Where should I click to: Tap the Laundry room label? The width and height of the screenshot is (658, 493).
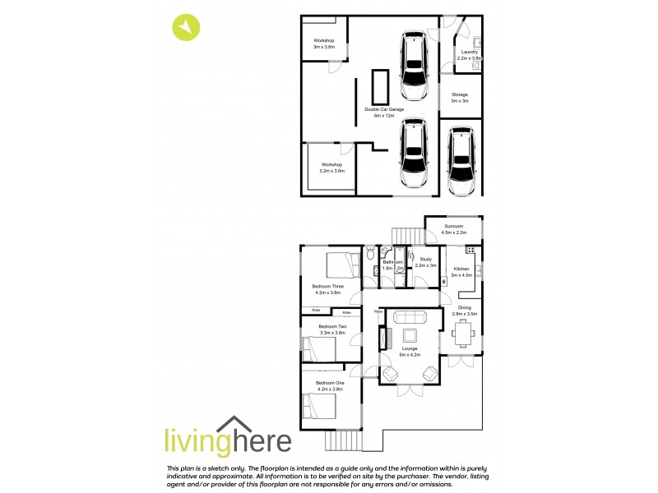(x=468, y=55)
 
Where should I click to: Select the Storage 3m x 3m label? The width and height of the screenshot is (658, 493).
(x=459, y=97)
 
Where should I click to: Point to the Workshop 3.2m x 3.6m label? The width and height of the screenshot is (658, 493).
(x=332, y=167)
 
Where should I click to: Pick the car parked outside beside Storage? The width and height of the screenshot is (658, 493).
(x=462, y=161)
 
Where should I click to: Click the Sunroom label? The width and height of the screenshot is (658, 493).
(x=454, y=229)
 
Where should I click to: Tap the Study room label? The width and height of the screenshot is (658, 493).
(x=425, y=262)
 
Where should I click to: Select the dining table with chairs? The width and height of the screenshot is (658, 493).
(x=463, y=333)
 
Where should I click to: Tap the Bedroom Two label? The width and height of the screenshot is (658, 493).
(x=332, y=329)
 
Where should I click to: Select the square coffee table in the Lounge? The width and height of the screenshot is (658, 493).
(x=408, y=337)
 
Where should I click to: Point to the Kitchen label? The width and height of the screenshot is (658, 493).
(x=461, y=272)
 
